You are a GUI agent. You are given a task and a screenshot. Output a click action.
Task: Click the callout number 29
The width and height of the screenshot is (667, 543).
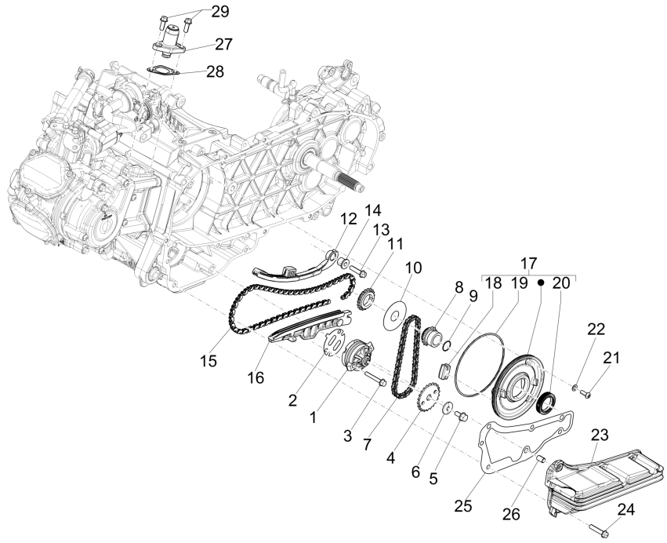point(220,12)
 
